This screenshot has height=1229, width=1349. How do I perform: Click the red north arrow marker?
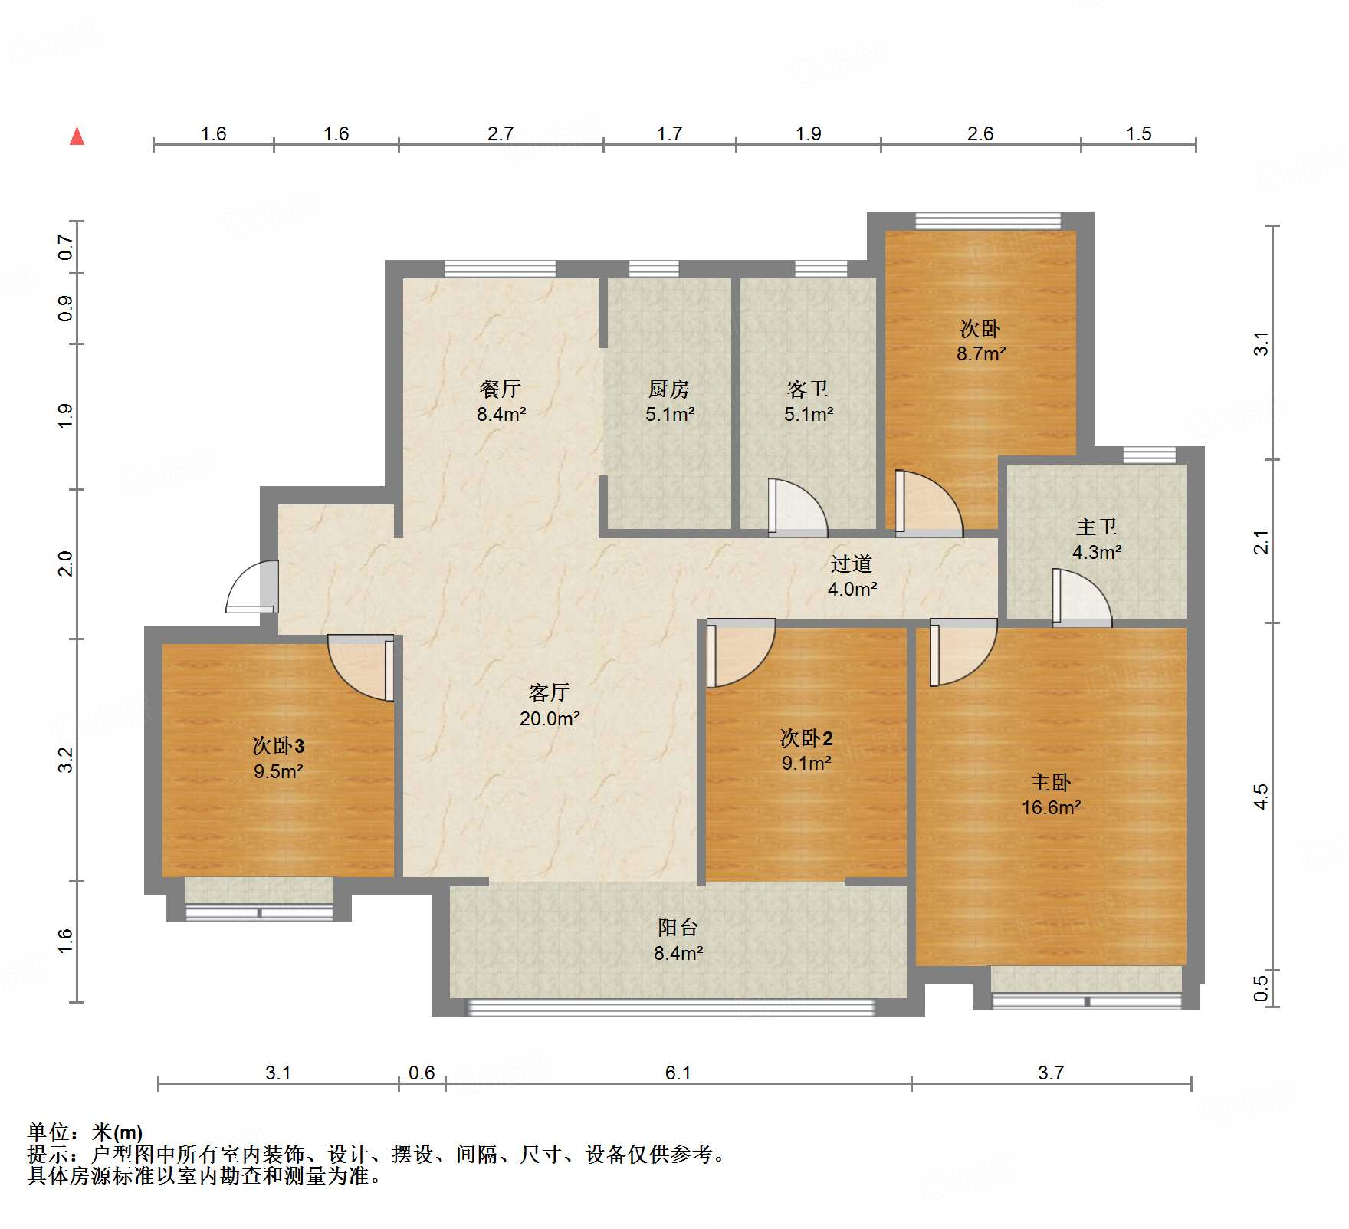(x=77, y=136)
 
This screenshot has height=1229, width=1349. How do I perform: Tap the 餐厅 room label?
(x=501, y=389)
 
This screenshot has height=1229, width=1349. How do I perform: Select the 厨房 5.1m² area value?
(x=670, y=415)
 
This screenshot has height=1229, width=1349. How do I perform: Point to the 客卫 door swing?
(x=797, y=506)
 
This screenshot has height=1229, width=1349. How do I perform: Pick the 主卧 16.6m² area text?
(x=1051, y=807)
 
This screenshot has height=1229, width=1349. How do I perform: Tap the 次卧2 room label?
(x=806, y=738)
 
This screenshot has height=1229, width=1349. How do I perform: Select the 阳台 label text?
(x=678, y=928)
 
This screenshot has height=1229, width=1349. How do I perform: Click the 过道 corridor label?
(x=852, y=564)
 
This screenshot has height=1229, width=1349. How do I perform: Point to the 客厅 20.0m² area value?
(x=550, y=718)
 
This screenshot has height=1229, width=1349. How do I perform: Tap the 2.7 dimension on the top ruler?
(x=501, y=134)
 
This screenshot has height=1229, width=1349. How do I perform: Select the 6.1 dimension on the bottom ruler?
(x=678, y=1073)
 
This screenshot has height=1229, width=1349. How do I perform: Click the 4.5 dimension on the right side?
(x=1261, y=797)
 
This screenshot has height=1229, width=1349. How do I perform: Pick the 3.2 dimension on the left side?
(x=66, y=760)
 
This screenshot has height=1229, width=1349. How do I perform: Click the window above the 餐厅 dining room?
(x=501, y=268)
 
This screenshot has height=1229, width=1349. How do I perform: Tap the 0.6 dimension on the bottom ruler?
(x=422, y=1073)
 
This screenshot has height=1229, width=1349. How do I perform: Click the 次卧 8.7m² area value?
(x=981, y=353)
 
